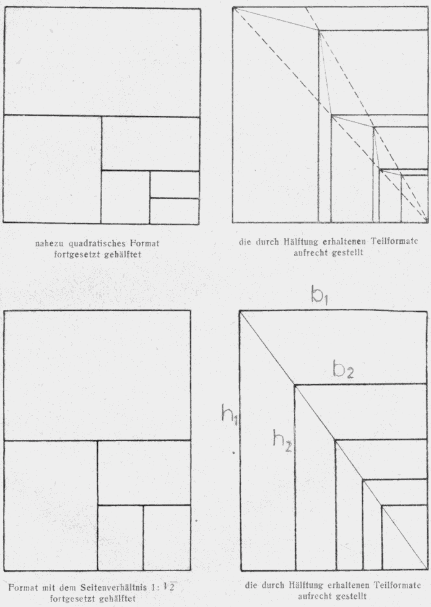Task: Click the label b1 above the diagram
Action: (x=320, y=296)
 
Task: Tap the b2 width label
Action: (x=344, y=369)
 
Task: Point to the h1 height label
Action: (x=230, y=415)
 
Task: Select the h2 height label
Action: (x=282, y=441)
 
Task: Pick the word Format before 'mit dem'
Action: (x=23, y=587)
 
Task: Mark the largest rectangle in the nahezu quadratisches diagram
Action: (x=102, y=62)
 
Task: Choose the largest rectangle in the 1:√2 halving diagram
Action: (x=97, y=376)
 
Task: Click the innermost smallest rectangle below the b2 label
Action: (x=404, y=537)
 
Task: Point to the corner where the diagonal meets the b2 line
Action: (x=295, y=385)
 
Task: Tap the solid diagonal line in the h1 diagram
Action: (x=333, y=441)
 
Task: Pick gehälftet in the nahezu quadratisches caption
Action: (x=123, y=255)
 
